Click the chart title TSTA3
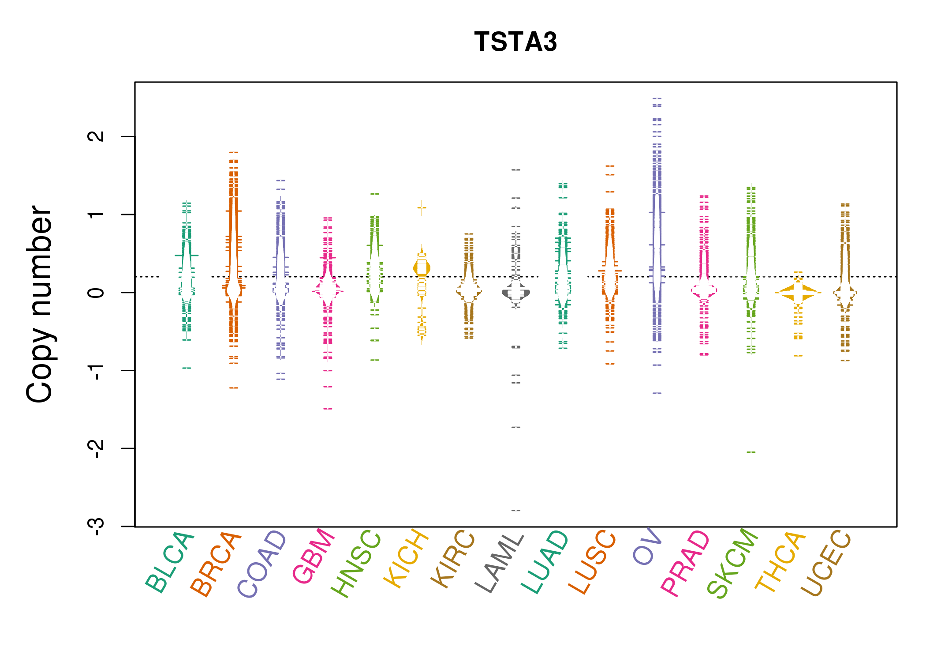tap(515, 42)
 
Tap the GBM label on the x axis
tap(314, 556)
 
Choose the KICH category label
tap(406, 558)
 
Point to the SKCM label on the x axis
tap(732, 563)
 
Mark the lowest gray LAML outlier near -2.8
tap(516, 510)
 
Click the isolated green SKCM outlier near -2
tap(751, 452)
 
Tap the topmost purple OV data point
tap(657, 99)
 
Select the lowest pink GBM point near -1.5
tap(328, 409)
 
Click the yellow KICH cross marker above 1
tap(422, 207)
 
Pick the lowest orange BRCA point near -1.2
tap(234, 388)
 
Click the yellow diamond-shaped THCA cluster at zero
tap(798, 293)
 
